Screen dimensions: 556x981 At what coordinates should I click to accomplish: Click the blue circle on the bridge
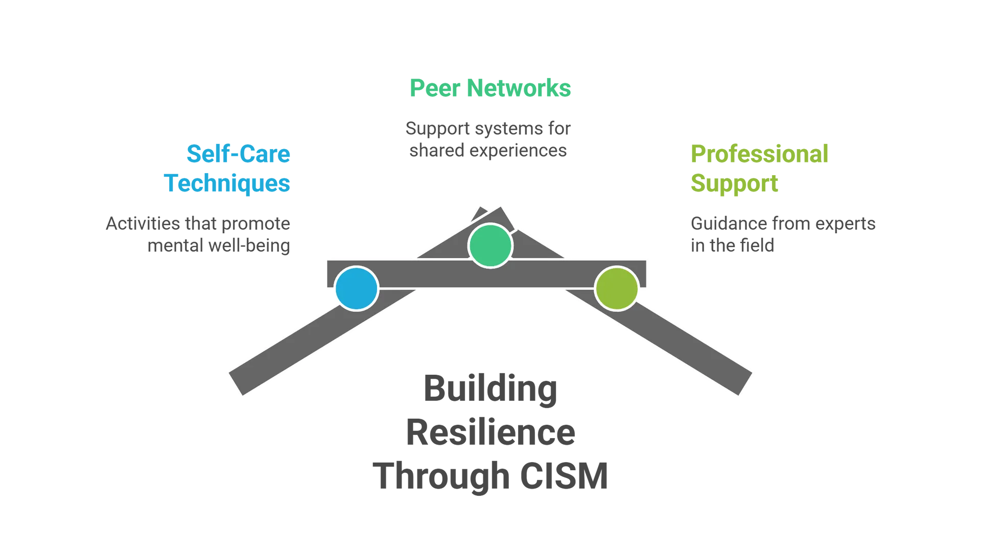[357, 288]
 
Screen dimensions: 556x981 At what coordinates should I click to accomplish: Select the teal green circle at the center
[491, 246]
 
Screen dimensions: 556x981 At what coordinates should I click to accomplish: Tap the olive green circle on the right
[617, 288]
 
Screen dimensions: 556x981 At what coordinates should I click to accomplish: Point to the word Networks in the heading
[519, 88]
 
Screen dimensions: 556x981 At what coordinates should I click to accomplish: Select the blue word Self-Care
[238, 154]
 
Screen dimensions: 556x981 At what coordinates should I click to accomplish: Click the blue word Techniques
[228, 183]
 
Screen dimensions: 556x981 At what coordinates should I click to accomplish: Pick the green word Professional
[759, 154]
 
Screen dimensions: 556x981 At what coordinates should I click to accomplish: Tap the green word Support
[735, 183]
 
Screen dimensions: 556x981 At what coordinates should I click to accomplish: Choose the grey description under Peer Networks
[488, 139]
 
